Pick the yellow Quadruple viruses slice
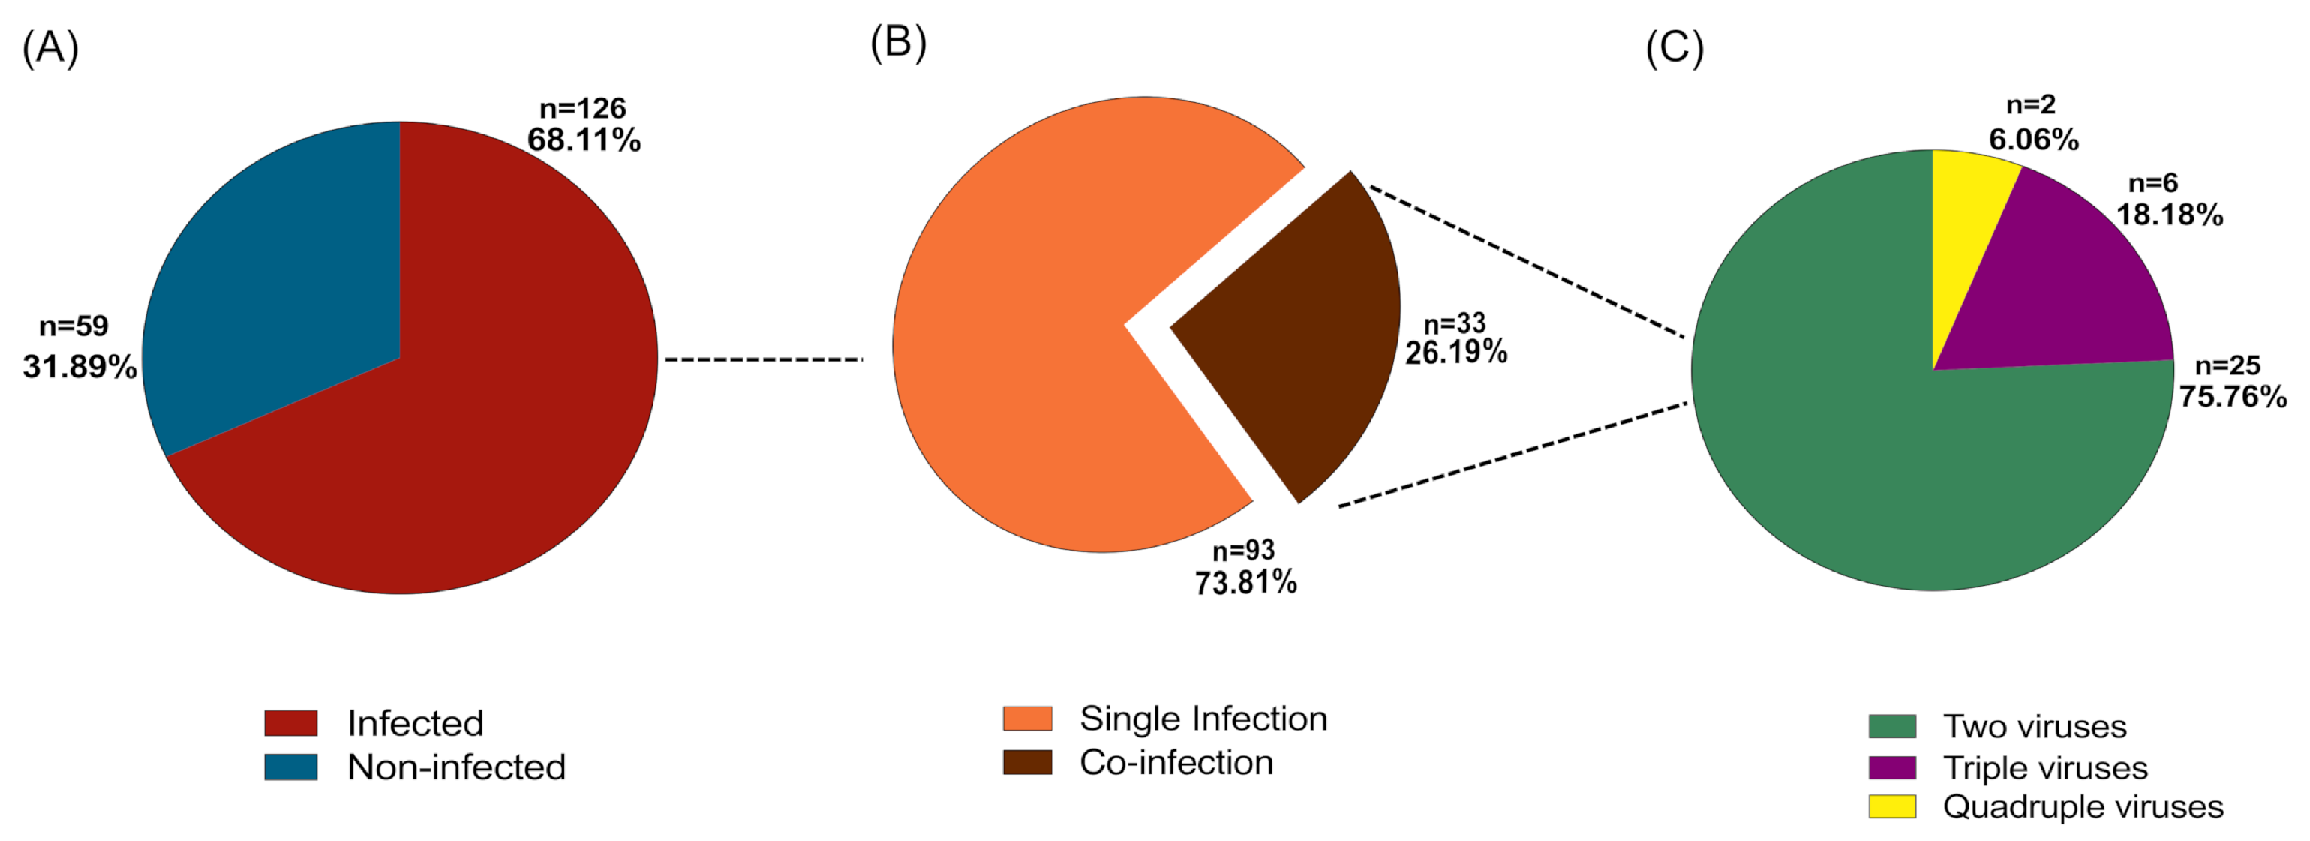(1964, 233)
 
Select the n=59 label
(74, 326)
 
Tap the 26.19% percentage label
(1455, 353)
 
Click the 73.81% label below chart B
(1245, 583)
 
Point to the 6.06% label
(2033, 140)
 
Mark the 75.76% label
(2232, 396)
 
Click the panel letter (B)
(897, 42)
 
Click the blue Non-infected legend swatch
(290, 767)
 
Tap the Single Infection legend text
(1203, 719)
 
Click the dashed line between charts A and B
(763, 359)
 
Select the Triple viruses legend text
(2044, 768)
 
